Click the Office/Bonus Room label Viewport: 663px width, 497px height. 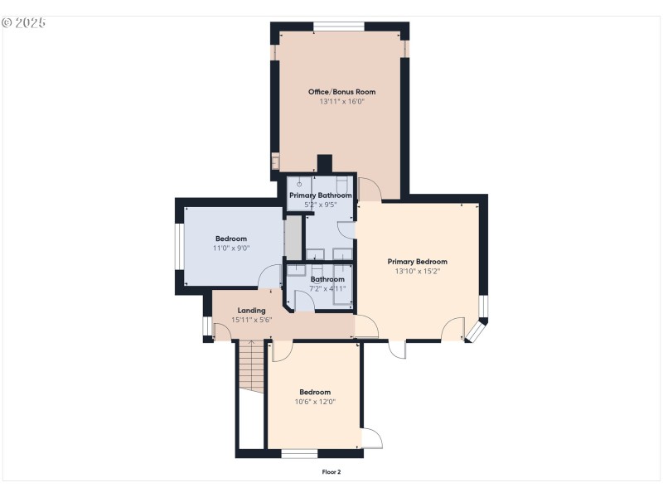[341, 91]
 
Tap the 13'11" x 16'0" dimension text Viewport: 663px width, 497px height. [341, 102]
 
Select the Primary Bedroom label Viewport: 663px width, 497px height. [417, 261]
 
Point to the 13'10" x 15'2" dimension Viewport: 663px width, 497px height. [417, 271]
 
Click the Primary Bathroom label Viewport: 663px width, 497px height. [320, 195]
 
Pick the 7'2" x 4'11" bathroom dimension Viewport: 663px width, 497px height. [327, 289]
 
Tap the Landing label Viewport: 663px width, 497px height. [251, 311]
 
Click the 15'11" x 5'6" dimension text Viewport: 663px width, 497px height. [251, 320]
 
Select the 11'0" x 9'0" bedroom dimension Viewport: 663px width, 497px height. [232, 248]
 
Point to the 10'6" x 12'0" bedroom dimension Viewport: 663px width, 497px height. [315, 402]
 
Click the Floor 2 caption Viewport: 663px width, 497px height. [331, 472]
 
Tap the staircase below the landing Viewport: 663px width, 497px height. [250, 369]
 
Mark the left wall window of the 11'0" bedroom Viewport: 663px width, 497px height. [178, 247]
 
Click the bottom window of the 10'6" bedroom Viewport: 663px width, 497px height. [299, 453]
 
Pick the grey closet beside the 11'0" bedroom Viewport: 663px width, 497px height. [293, 237]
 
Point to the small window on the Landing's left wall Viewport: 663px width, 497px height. [207, 327]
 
